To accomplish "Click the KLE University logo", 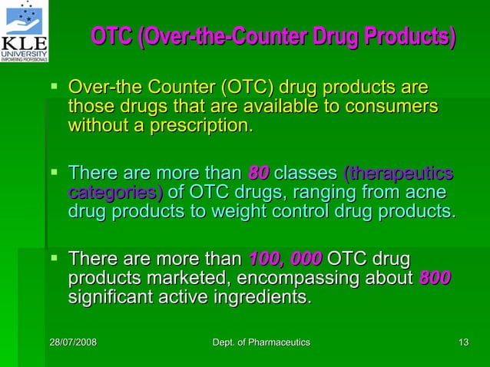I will pos(25,31).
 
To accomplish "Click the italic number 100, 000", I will pos(286,258).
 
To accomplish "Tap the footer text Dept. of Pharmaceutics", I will pos(260,342).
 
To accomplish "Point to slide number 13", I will pos(462,342).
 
